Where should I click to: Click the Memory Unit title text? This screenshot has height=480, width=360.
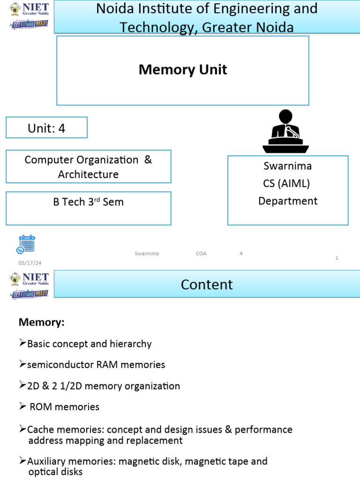[x=183, y=70]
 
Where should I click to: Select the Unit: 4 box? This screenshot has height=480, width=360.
[x=46, y=128]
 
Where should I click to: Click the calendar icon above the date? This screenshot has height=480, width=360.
[x=26, y=244]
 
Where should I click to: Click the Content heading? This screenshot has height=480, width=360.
[x=207, y=285]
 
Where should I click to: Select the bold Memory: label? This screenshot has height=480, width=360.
[x=41, y=322]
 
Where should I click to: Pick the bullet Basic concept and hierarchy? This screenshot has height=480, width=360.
[x=89, y=344]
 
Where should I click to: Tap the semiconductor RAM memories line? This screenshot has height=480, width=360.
[x=96, y=365]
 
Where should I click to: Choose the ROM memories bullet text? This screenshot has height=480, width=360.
[x=64, y=407]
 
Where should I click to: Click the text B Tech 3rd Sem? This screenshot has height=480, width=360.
[x=88, y=202]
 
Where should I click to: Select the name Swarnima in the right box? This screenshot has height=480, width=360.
[x=288, y=166]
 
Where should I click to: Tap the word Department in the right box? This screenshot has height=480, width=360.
[x=288, y=201]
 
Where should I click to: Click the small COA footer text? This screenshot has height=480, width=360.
[x=201, y=254]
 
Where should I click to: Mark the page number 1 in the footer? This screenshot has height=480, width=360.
[x=337, y=258]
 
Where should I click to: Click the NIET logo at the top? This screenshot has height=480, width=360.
[x=30, y=16]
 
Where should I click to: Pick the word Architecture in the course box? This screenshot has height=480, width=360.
[x=88, y=174]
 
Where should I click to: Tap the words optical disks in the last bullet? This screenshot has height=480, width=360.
[x=55, y=472]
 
